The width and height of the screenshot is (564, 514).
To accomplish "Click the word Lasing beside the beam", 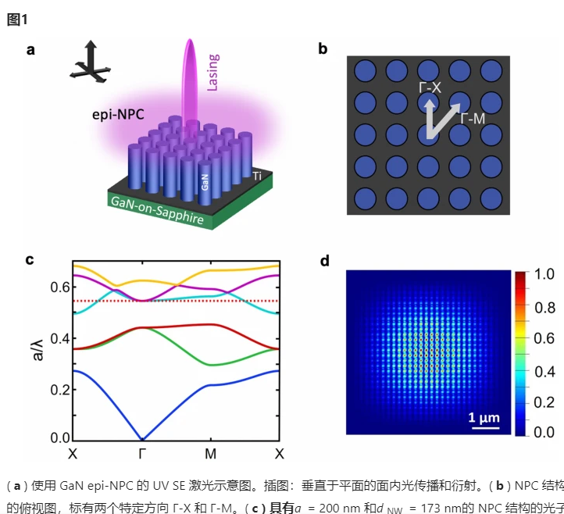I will pyautogui.click(x=212, y=72).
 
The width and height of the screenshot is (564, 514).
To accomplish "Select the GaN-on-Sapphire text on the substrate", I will pyautogui.click(x=159, y=212).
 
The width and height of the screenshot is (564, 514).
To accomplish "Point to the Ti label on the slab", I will pyautogui.click(x=257, y=177).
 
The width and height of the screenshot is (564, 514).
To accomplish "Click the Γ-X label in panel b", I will pyautogui.click(x=429, y=88).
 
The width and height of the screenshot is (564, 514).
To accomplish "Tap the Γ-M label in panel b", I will pyautogui.click(x=473, y=118).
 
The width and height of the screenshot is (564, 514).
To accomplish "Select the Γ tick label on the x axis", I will pyautogui.click(x=141, y=454).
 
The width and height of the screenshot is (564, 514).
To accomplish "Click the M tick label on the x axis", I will pyautogui.click(x=210, y=454).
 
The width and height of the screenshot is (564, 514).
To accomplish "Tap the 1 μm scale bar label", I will pyautogui.click(x=484, y=417).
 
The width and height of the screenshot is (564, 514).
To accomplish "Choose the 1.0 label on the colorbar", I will pyautogui.click(x=544, y=274).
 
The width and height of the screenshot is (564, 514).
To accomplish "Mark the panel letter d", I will pyautogui.click(x=325, y=261).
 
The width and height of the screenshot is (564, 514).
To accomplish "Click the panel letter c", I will pyautogui.click(x=30, y=260).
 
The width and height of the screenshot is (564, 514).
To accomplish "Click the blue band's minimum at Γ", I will pyautogui.click(x=141, y=439).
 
